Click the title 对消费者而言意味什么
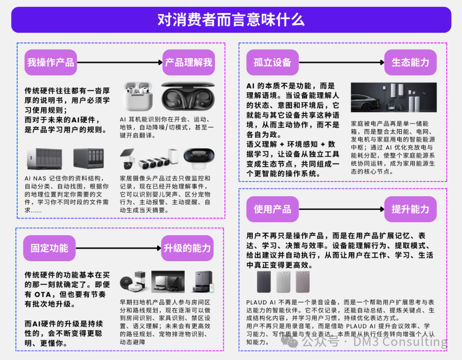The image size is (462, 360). point(231,20)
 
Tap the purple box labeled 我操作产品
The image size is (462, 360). point(50,62)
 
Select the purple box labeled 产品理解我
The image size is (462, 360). point(189,62)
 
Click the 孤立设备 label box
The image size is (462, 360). point(272,62)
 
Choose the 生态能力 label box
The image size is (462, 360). point(410,62)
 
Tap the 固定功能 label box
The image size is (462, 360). point(49,248)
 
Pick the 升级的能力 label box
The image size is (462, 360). point(187,248)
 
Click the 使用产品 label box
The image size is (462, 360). point(272,209)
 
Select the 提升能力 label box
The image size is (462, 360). point(410,209)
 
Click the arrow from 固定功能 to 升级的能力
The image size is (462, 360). point(118,248)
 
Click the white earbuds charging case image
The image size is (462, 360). point(138,97)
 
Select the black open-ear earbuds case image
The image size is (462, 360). point(188,96)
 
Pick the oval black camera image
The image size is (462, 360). point(199,156)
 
